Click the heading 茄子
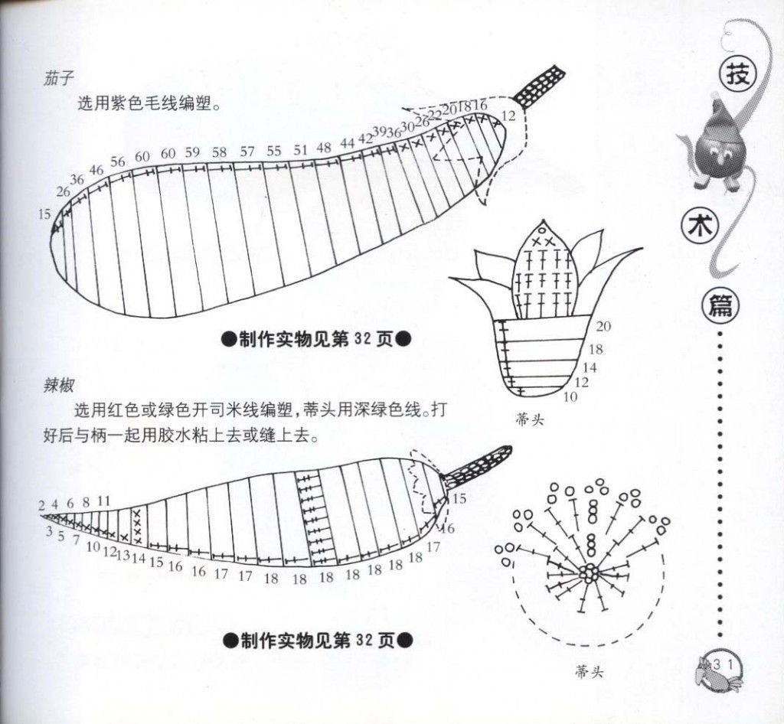point(58,79)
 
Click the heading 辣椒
point(58,386)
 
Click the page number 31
point(723,665)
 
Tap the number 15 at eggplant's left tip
point(44,214)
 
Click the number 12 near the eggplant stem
point(508,116)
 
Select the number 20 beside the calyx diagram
point(603,326)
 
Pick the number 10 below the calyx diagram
point(570,396)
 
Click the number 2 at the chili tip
point(41,506)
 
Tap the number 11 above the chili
point(103,501)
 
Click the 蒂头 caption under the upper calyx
point(530,420)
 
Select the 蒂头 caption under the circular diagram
point(589,672)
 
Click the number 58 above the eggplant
point(219,152)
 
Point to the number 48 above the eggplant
point(324,148)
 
